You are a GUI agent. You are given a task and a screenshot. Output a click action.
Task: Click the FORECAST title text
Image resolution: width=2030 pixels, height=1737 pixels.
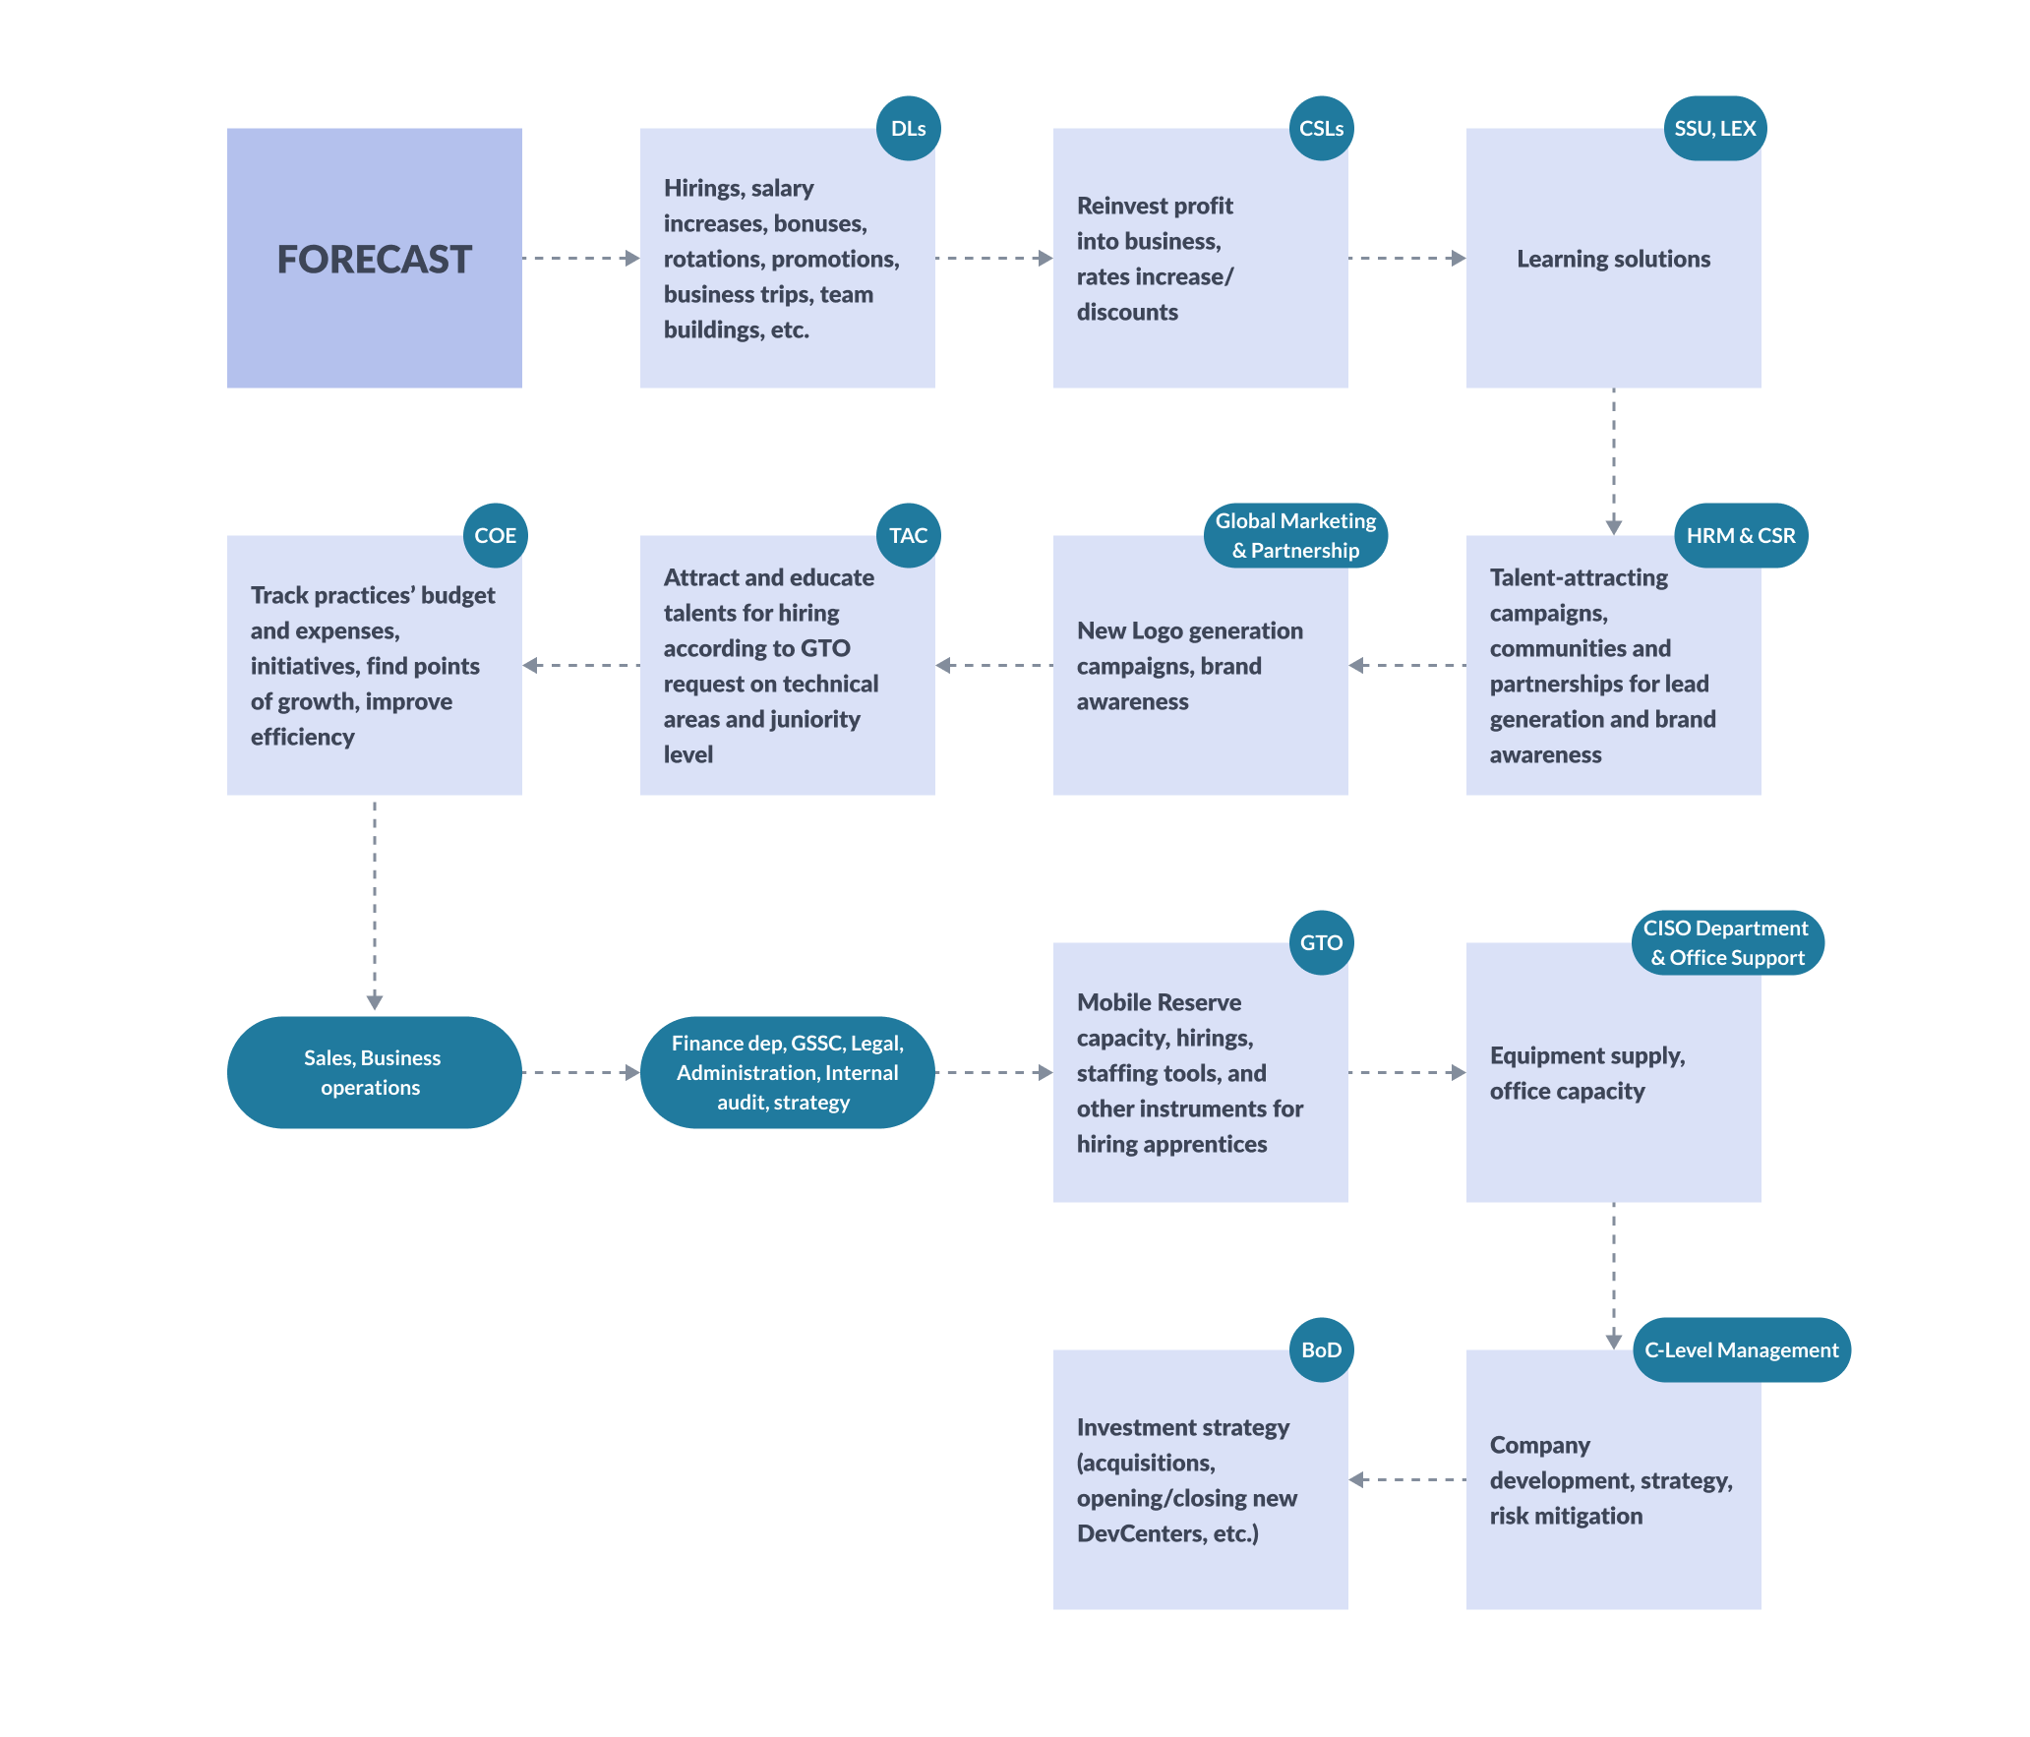pos(374,260)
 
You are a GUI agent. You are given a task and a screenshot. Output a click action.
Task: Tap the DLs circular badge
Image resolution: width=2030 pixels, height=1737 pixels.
pos(908,129)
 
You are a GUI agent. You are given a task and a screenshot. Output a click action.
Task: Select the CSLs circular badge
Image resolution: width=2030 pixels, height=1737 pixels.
pos(1321,129)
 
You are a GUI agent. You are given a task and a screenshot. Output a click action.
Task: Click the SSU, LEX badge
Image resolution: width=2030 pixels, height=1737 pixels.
pos(1714,129)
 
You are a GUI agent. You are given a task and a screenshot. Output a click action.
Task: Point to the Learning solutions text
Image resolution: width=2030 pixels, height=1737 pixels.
pos(1613,259)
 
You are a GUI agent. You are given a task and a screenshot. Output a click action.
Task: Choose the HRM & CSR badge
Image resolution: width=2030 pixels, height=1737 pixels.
pos(1740,536)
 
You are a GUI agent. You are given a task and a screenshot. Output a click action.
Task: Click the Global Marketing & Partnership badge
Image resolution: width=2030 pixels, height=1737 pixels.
pos(1295,536)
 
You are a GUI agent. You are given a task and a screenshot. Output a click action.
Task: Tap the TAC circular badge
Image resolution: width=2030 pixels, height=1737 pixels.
pos(908,536)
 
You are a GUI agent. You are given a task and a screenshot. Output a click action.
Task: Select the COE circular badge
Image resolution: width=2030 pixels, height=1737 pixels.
pos(495,536)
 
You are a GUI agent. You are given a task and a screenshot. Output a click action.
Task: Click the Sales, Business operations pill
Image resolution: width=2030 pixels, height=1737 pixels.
pos(374,1072)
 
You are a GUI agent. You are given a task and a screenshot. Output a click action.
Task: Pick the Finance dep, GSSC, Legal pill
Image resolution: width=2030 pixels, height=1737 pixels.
pos(787,1072)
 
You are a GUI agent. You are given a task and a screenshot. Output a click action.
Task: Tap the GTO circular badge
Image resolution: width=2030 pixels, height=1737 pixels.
pos(1321,943)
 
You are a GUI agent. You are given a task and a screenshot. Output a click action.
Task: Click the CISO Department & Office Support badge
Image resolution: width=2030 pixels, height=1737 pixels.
pos(1727,943)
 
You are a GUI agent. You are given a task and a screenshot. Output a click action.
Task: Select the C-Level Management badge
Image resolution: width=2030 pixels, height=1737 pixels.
pos(1741,1350)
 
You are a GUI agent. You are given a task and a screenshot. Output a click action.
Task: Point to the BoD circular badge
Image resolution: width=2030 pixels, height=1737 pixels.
pos(1321,1350)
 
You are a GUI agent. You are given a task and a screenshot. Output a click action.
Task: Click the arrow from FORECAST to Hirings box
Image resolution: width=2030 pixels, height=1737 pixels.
pos(580,259)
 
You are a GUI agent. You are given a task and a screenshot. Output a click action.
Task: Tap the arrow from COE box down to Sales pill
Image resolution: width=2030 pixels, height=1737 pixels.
pos(374,905)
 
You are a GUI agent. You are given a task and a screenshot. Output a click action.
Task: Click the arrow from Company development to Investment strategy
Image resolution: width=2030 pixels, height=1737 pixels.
pos(1406,1479)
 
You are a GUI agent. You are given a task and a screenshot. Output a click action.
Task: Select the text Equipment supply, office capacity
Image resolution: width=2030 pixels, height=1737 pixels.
pos(1586,1073)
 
